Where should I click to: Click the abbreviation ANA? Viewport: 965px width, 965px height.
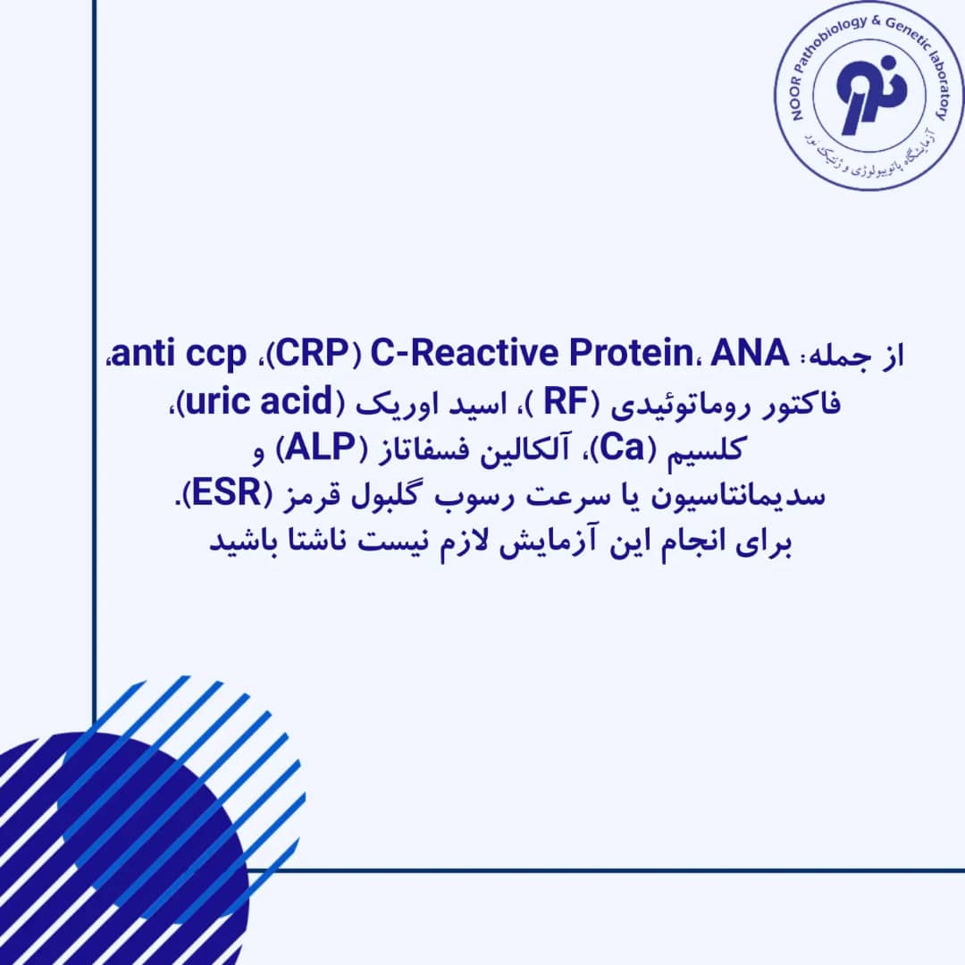(x=750, y=353)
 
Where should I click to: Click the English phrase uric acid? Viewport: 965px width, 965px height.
(x=259, y=401)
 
